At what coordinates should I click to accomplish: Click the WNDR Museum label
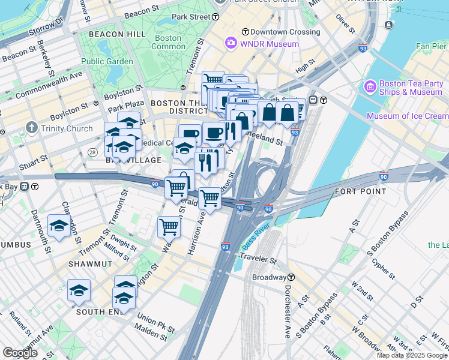pos(270,44)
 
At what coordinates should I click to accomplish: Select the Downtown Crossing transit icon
pos(245,31)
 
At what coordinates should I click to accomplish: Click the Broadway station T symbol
pos(291,277)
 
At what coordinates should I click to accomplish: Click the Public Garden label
pos(107,61)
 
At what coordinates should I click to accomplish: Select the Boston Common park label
pos(169,42)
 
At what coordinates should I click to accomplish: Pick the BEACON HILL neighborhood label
pos(117,34)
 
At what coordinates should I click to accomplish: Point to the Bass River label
pos(257,238)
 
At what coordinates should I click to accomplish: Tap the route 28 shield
pos(92,153)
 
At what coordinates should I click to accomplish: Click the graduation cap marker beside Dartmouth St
pos(59,226)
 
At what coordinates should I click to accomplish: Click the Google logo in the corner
pos(20,353)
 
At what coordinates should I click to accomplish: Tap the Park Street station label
pos(191,17)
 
